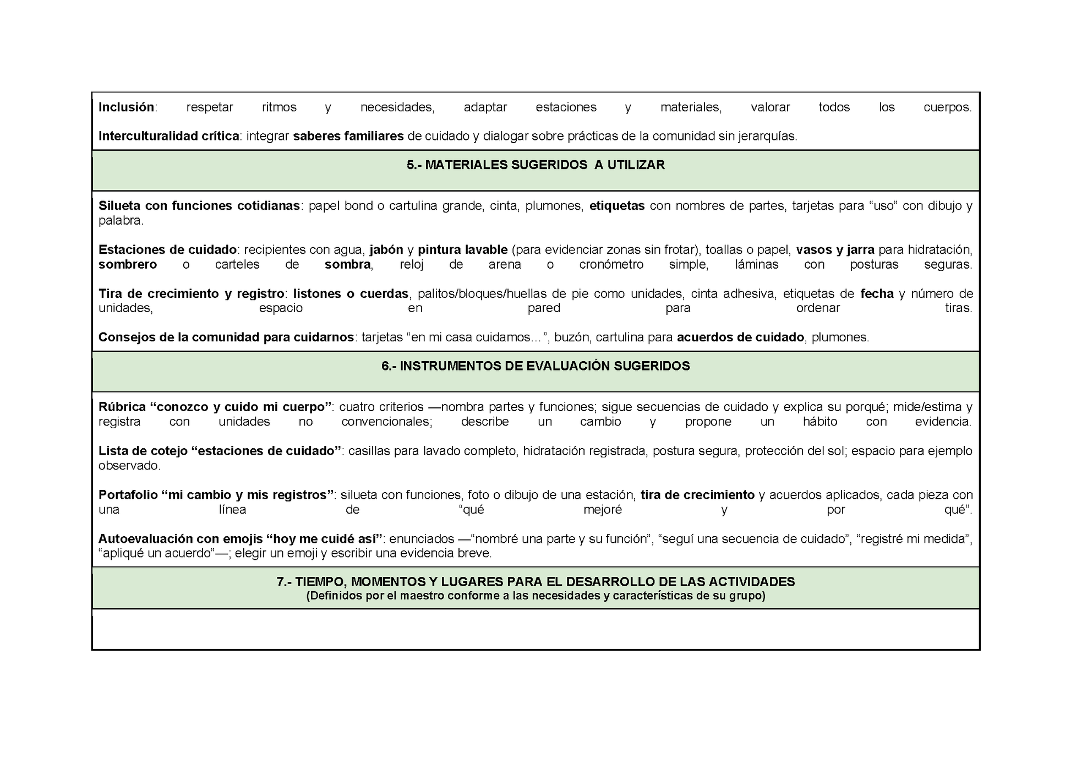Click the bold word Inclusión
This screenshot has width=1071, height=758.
pos(126,107)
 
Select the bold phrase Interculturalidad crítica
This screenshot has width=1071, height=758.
pos(168,136)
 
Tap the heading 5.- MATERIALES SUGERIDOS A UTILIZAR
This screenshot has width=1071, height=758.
pos(535,165)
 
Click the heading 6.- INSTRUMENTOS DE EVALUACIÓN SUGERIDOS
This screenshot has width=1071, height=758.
pos(535,367)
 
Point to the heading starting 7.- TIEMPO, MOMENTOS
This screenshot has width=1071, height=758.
pos(535,582)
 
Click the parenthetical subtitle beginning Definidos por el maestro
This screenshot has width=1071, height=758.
pos(535,596)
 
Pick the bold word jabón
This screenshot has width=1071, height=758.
pos(386,250)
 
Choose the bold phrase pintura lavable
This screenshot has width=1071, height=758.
pos(462,250)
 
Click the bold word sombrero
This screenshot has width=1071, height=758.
pos(128,265)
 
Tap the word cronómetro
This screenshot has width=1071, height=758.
pos(611,265)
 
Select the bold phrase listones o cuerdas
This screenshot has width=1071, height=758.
pos(351,294)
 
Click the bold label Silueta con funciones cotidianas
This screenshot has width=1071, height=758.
pos(199,206)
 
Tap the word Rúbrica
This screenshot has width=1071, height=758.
pos(122,407)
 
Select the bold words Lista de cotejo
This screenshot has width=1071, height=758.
pos(143,451)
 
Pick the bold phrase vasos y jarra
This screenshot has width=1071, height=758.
pos(835,250)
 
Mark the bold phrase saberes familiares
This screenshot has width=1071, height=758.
pos(348,136)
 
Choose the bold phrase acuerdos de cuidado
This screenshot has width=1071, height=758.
pos(740,337)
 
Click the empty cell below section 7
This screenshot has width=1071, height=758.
pos(535,629)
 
